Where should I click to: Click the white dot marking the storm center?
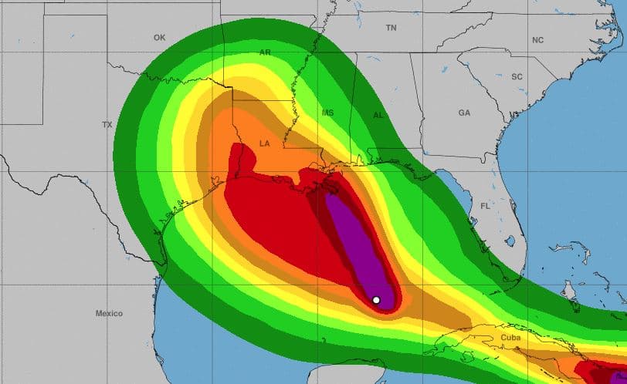pos(376,300)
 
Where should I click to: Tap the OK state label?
pos(160,37)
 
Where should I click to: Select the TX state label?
pos(107,124)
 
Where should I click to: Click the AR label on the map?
pos(266,53)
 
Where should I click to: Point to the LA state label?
pos(265,143)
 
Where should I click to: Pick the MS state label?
pos(327,113)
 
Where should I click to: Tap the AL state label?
pos(378,114)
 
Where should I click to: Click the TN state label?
pos(391,28)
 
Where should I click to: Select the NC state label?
pos(537,39)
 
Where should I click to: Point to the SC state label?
pos(517,76)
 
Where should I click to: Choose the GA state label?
pos(464,113)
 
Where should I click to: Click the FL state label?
pos(486,206)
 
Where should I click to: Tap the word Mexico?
pos(109,313)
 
